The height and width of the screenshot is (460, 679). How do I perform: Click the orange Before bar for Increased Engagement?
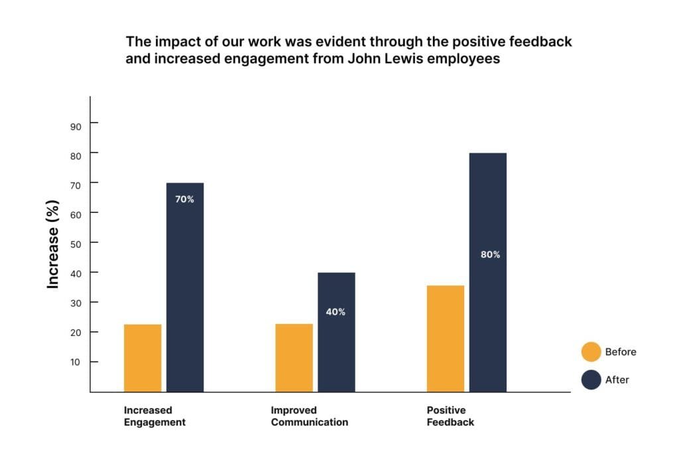click(x=143, y=358)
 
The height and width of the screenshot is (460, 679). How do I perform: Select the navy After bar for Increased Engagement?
click(x=185, y=287)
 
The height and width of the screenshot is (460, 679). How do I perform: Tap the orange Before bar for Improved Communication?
click(x=294, y=358)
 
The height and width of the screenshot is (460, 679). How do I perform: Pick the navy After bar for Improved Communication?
click(x=336, y=332)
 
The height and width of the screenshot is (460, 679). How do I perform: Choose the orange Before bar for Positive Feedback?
click(x=446, y=339)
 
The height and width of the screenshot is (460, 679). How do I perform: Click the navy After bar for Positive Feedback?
click(x=488, y=272)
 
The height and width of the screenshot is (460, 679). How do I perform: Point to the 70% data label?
click(x=184, y=199)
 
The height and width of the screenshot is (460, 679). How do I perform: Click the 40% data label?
click(x=336, y=312)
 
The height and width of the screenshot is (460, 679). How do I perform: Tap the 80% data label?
click(x=490, y=255)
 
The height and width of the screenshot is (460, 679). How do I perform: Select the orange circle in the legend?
click(x=591, y=352)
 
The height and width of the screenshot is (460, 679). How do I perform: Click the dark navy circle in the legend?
click(x=591, y=380)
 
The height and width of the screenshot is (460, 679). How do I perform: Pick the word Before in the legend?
click(x=621, y=352)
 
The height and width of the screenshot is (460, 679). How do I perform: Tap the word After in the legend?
click(x=617, y=380)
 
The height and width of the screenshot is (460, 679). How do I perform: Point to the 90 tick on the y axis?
click(x=76, y=127)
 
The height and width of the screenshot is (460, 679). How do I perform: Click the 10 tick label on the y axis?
click(x=76, y=362)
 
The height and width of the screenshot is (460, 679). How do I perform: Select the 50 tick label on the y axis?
click(x=76, y=244)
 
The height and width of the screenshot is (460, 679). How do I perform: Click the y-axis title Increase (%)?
click(x=52, y=244)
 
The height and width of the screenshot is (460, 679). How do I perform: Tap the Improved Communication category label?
click(x=310, y=416)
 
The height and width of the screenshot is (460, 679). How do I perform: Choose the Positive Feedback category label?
click(x=450, y=416)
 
